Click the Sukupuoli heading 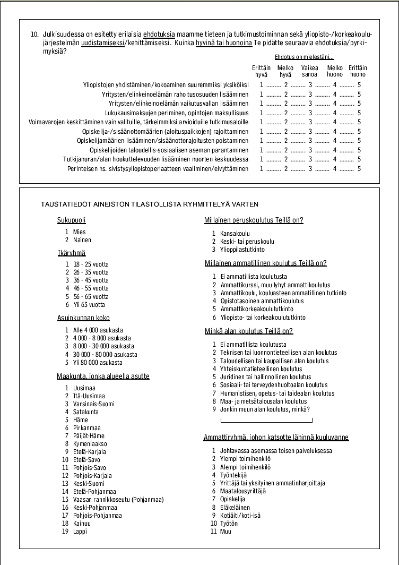pyautogui.click(x=71, y=220)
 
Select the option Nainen pyautogui.click(x=79, y=240)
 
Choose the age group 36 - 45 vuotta pyautogui.click(x=90, y=280)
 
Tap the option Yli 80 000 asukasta pyautogui.click(x=98, y=363)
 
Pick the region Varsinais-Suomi pyautogui.click(x=93, y=404)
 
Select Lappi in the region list pyautogui.click(x=80, y=532)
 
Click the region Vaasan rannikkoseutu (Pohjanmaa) pyautogui.click(x=118, y=500)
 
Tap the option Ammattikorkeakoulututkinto pyautogui.click(x=256, y=309)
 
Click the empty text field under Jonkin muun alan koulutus pyautogui.click(x=266, y=421)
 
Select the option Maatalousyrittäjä pyautogui.click(x=242, y=491)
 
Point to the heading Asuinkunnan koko pyautogui.click(x=83, y=318)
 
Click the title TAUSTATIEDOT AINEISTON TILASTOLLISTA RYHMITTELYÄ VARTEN pyautogui.click(x=150, y=204)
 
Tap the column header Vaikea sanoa pyautogui.click(x=310, y=71)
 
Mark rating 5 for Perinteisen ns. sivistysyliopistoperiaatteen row pyautogui.click(x=359, y=169)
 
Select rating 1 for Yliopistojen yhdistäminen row pyautogui.click(x=261, y=84)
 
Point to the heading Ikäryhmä pyautogui.click(x=72, y=253)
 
